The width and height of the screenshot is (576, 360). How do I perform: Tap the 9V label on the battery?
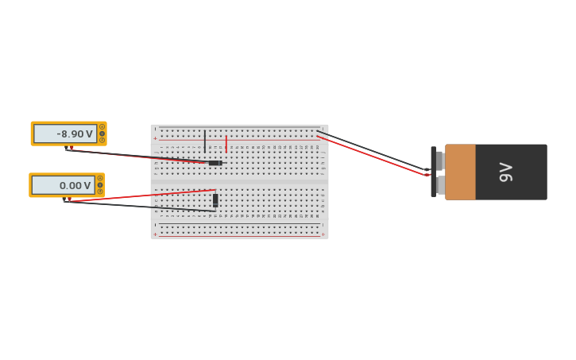click(x=505, y=172)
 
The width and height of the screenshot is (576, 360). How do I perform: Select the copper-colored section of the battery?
click(x=460, y=172)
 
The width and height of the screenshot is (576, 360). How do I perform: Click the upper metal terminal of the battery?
click(x=439, y=160)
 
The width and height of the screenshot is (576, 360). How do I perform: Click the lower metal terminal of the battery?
click(x=439, y=185)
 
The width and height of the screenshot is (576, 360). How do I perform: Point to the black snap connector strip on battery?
click(x=433, y=172)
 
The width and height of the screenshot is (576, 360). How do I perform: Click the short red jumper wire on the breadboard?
click(x=226, y=143)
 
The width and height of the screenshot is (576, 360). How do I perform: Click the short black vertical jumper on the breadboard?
click(x=205, y=141)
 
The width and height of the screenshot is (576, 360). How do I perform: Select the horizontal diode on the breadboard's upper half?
click(x=215, y=163)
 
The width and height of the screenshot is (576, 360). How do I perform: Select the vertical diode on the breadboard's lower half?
click(x=215, y=200)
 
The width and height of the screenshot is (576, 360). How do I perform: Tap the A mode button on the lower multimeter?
click(x=100, y=178)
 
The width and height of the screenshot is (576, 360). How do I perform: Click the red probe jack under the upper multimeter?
click(x=72, y=148)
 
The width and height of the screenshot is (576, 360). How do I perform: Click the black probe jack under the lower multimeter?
click(x=64, y=200)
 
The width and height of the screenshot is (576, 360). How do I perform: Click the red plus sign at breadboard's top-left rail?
click(x=155, y=138)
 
